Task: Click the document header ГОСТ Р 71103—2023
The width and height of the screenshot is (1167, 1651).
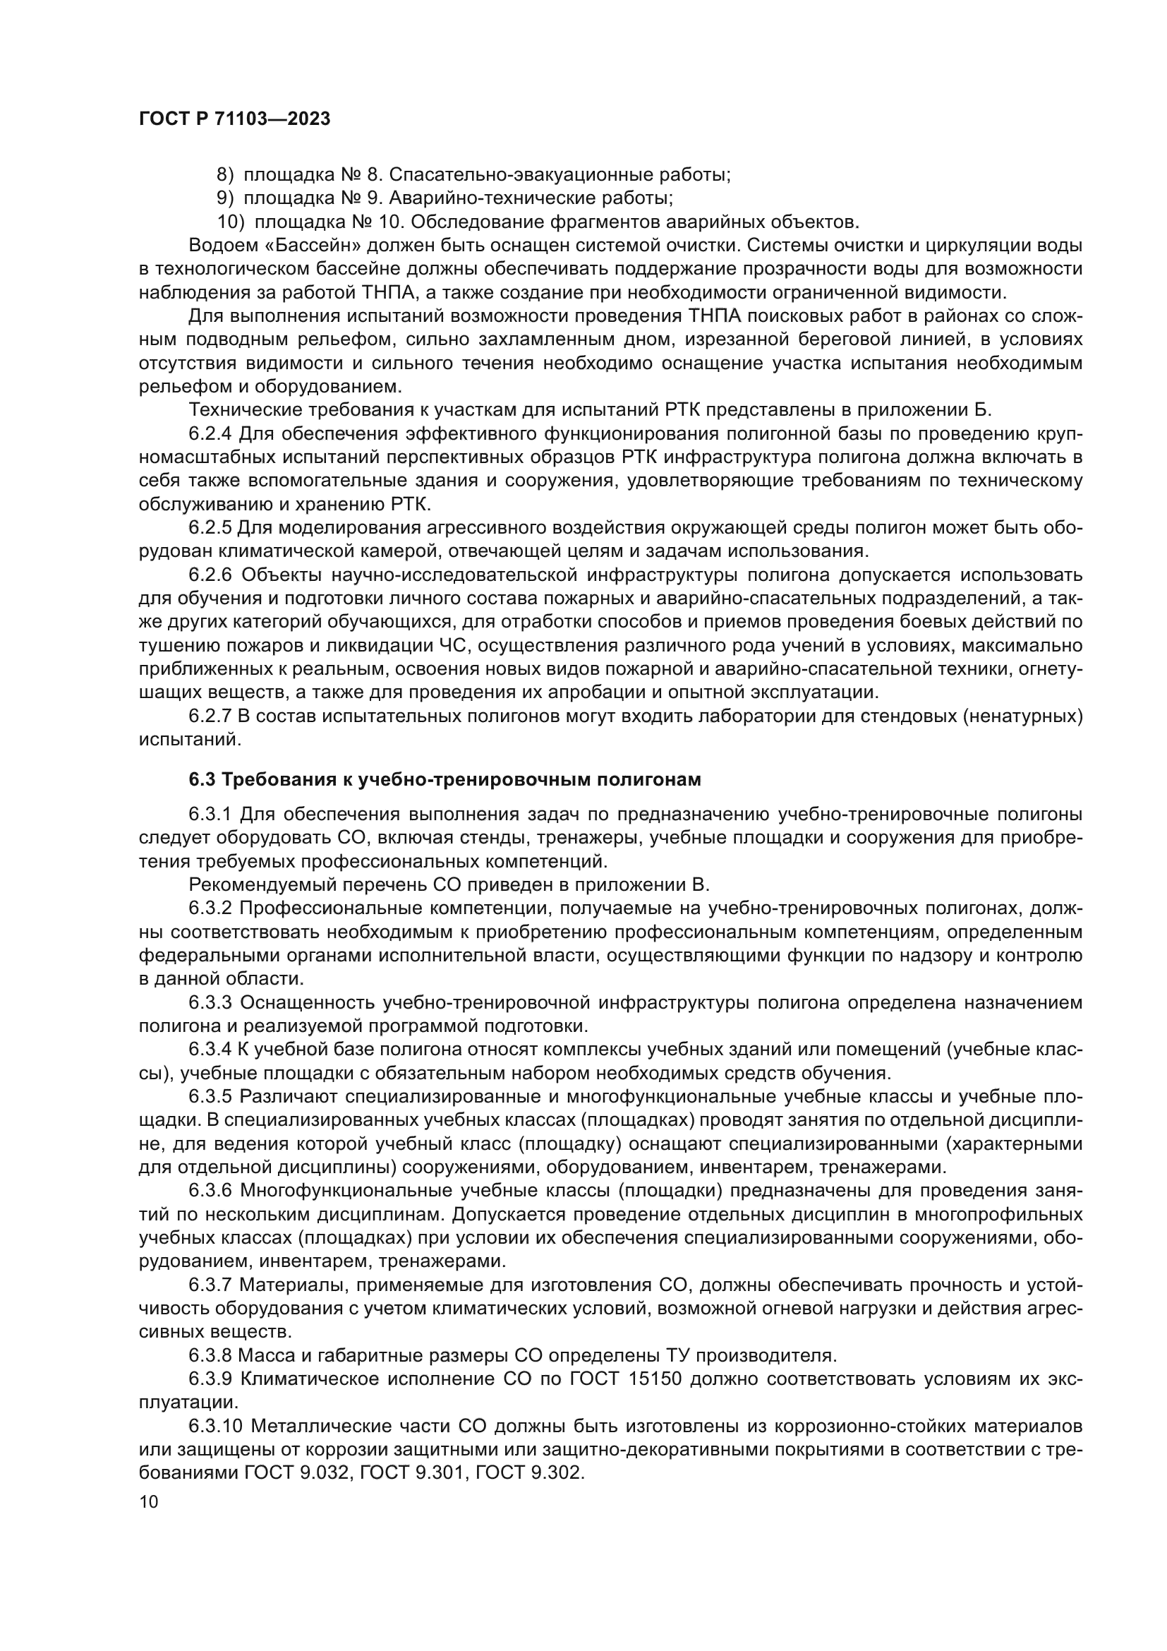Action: click(x=234, y=119)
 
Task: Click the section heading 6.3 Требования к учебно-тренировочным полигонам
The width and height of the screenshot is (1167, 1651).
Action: click(x=444, y=779)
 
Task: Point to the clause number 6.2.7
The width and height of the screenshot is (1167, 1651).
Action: click(x=210, y=716)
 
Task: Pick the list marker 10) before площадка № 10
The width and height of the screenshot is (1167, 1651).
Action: click(x=231, y=222)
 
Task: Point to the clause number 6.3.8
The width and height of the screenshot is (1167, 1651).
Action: click(x=210, y=1355)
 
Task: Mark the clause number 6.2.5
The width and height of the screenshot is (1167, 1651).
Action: click(x=210, y=527)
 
